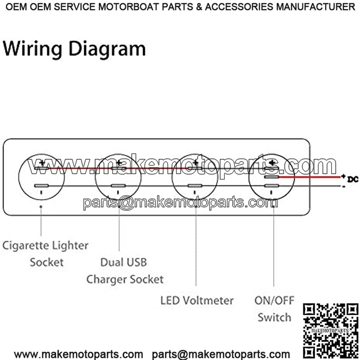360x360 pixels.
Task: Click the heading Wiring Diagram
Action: pos(74,49)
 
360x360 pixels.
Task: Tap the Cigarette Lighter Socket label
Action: pos(45,254)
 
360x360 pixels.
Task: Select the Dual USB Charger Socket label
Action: pos(125,270)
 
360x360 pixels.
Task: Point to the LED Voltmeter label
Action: pos(197,300)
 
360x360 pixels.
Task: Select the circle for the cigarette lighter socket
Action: pos(41,177)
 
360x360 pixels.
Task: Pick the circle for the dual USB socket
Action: pos(118,177)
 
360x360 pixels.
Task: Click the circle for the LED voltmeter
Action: pos(195,177)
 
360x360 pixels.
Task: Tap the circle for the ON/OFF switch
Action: pos(271,177)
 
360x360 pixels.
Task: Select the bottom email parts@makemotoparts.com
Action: pos(221,355)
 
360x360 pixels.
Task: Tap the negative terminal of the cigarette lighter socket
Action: pos(41,186)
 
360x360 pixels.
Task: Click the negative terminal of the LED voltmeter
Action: pos(195,186)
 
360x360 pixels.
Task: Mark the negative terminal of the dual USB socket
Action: pos(118,186)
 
